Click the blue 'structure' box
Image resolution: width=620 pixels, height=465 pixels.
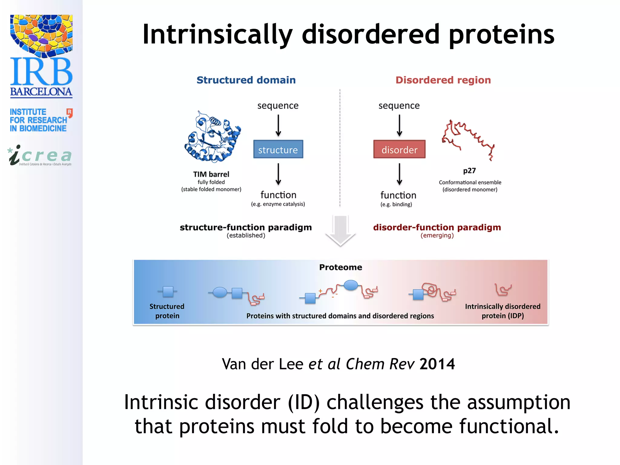pyautogui.click(x=278, y=149)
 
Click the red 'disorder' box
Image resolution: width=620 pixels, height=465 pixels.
pyautogui.click(x=399, y=149)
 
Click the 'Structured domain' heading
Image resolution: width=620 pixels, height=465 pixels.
pyautogui.click(x=246, y=80)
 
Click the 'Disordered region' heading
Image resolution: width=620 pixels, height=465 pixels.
pyautogui.click(x=443, y=80)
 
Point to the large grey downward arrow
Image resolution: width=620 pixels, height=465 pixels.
pyautogui.click(x=340, y=230)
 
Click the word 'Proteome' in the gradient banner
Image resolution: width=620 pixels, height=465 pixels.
pyautogui.click(x=341, y=267)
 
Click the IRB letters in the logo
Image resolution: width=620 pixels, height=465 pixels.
pyautogui.click(x=41, y=72)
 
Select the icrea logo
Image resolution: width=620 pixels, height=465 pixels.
pyautogui.click(x=41, y=156)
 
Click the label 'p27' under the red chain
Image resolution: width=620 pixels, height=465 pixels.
pyautogui.click(x=469, y=171)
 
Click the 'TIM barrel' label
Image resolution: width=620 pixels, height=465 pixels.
pyautogui.click(x=211, y=174)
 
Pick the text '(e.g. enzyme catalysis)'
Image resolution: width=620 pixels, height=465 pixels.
pyautogui.click(x=278, y=204)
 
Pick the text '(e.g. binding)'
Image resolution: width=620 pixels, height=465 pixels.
pyautogui.click(x=396, y=204)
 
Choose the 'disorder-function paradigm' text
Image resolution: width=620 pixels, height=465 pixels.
pyautogui.click(x=437, y=227)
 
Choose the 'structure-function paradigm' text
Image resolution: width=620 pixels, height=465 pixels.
pyautogui.click(x=246, y=227)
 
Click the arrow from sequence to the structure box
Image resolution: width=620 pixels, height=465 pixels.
pyautogui.click(x=278, y=125)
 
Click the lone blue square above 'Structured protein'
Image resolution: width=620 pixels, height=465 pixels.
pyautogui.click(x=168, y=292)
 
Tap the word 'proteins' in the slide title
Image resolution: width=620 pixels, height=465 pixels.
pyautogui.click(x=501, y=35)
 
